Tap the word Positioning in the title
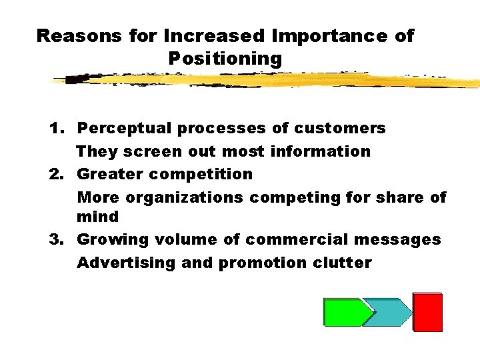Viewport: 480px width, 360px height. pyautogui.click(x=225, y=59)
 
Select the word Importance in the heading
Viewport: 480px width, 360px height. pyautogui.click(x=316, y=36)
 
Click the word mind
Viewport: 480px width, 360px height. pyautogui.click(x=98, y=217)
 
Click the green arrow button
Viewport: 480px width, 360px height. pyautogui.click(x=345, y=312)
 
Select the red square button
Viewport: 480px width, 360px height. pyautogui.click(x=427, y=311)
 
